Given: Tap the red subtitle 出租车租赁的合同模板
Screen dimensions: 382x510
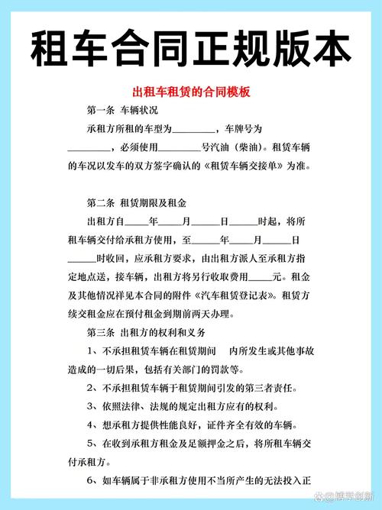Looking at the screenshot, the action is (191, 92).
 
